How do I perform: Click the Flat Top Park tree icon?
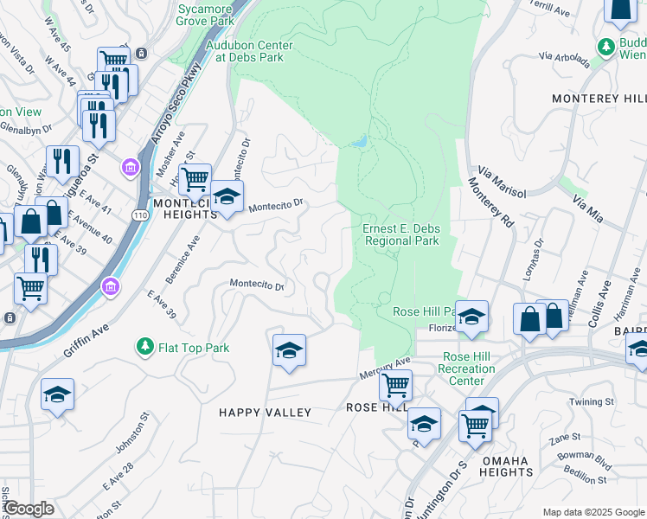145,348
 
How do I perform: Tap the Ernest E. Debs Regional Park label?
401,234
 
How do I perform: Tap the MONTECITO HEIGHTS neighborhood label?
183,208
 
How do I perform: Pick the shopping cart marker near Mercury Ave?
395,383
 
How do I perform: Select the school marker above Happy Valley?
289,349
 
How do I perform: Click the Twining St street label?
592,402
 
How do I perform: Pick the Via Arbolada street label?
563,59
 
